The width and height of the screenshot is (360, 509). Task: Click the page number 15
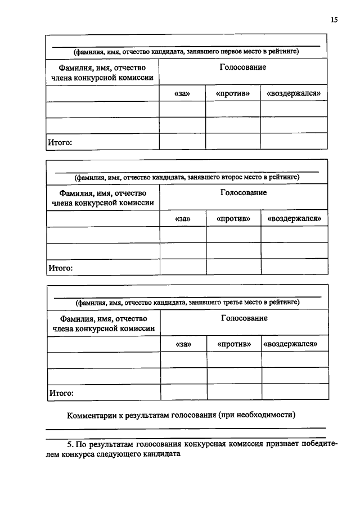[335, 20]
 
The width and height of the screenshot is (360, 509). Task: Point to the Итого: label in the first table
[60, 142]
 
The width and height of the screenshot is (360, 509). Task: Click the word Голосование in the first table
[243, 67]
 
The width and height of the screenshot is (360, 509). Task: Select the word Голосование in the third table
[244, 318]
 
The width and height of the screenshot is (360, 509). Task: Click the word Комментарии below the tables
[92, 416]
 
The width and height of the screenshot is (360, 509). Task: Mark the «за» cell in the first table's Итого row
[182, 142]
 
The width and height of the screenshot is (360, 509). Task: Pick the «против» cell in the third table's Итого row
[234, 392]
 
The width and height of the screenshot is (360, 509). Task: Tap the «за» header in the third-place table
[184, 344]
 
